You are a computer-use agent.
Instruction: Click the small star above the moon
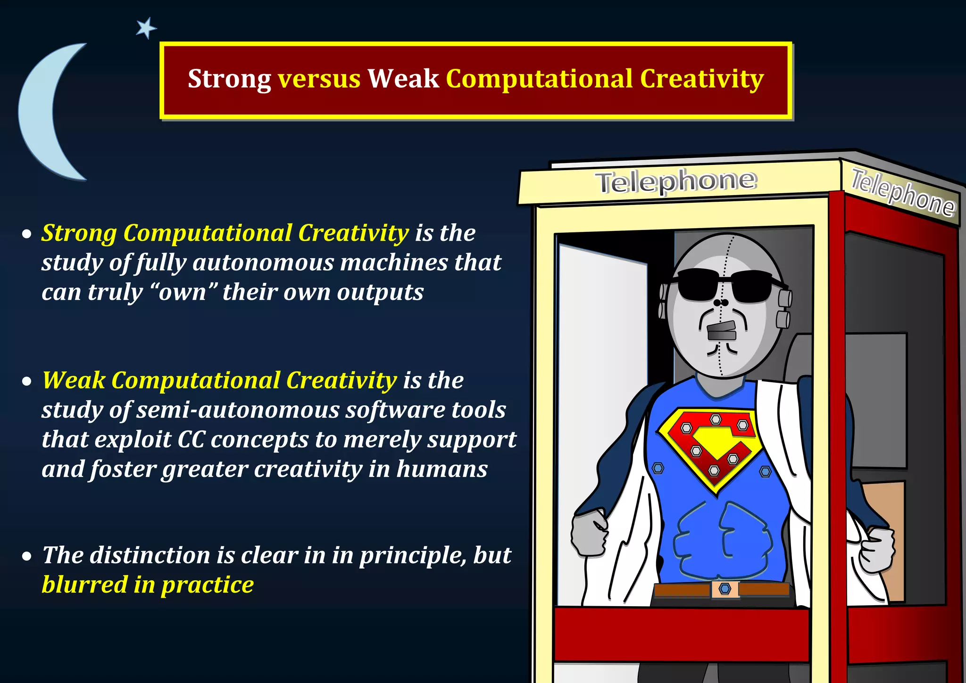tap(146, 28)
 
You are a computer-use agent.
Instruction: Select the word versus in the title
tap(319, 79)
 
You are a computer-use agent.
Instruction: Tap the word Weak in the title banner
tap(403, 79)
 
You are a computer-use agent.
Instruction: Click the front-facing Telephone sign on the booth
tap(676, 181)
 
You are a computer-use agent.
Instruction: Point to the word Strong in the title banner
tap(229, 79)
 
